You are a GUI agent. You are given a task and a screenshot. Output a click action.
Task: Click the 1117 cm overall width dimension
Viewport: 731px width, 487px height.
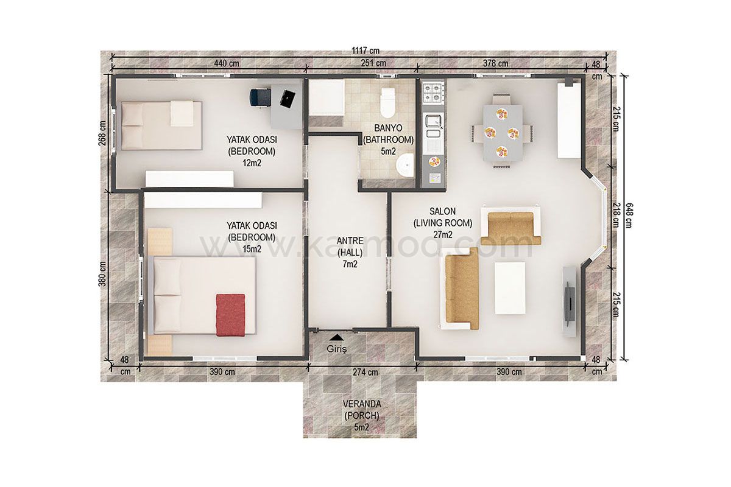click(365, 51)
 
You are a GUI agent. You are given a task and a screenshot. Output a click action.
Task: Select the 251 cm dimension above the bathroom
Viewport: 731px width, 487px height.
click(373, 63)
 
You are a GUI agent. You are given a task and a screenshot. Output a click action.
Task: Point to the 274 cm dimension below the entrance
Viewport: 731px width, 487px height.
click(365, 372)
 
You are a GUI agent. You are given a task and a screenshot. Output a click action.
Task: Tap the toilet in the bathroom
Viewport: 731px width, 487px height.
click(387, 102)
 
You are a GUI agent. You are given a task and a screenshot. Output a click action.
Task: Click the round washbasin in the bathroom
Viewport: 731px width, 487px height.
click(405, 165)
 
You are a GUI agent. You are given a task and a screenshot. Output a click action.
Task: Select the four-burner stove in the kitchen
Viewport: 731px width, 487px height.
click(433, 92)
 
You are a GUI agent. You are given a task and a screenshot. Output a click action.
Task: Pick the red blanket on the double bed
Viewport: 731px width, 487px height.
click(230, 315)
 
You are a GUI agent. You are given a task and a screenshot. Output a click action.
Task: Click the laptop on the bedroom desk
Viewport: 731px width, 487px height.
click(288, 99)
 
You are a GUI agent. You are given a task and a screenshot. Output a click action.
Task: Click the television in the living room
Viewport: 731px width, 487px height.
click(570, 303)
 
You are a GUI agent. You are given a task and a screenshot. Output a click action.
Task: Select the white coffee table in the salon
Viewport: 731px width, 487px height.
click(510, 288)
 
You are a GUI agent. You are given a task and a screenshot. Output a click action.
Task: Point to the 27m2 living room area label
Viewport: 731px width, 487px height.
click(443, 234)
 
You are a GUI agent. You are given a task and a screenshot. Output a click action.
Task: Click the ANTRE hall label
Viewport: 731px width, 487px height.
click(350, 240)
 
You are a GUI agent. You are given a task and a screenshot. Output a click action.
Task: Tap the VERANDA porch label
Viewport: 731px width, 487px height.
click(362, 404)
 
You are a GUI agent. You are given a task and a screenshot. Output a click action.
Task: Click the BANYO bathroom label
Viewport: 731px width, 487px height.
click(389, 128)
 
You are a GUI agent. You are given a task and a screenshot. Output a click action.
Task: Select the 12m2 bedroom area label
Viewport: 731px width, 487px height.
click(252, 163)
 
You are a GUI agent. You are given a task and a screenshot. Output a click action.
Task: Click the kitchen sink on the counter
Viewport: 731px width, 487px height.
click(433, 127)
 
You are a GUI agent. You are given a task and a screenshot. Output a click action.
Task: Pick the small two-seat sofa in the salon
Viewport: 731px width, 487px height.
click(510, 226)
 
